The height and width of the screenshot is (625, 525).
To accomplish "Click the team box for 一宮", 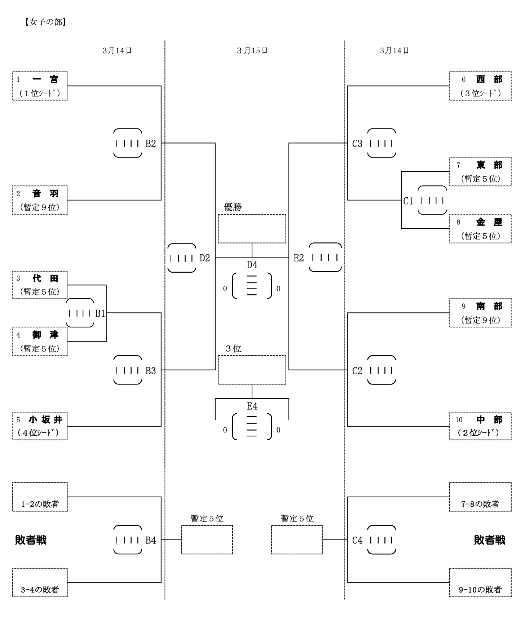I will [x=40, y=86].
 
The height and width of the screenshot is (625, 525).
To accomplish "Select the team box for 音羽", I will [x=40, y=200].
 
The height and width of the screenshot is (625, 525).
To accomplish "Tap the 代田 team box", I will [x=40, y=285].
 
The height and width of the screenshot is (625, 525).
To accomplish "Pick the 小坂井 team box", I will [x=40, y=426].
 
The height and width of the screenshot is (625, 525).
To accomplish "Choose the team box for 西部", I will [x=480, y=86].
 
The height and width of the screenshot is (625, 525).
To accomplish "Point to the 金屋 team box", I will [x=480, y=229].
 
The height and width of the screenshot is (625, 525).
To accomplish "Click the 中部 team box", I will [x=480, y=426].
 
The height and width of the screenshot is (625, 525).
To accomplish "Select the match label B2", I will [x=151, y=144].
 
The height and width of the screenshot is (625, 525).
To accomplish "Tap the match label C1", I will [x=408, y=201].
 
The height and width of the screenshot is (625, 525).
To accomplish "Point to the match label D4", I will [x=252, y=265].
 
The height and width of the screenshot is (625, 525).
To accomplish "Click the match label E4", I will [x=252, y=406].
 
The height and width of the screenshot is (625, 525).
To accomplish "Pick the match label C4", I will [x=357, y=540].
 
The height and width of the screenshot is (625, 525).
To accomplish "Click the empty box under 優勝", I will [x=252, y=229].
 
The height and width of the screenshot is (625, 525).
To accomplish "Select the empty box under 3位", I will [x=252, y=370].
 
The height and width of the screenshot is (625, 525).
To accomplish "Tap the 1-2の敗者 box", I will [x=40, y=497].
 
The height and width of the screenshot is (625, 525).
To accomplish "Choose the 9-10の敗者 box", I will [x=480, y=582].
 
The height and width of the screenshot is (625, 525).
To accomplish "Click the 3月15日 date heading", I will [x=252, y=51].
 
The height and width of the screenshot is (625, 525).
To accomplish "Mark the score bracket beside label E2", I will [x=325, y=258].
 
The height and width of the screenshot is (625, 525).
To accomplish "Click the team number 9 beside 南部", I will [x=464, y=306].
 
